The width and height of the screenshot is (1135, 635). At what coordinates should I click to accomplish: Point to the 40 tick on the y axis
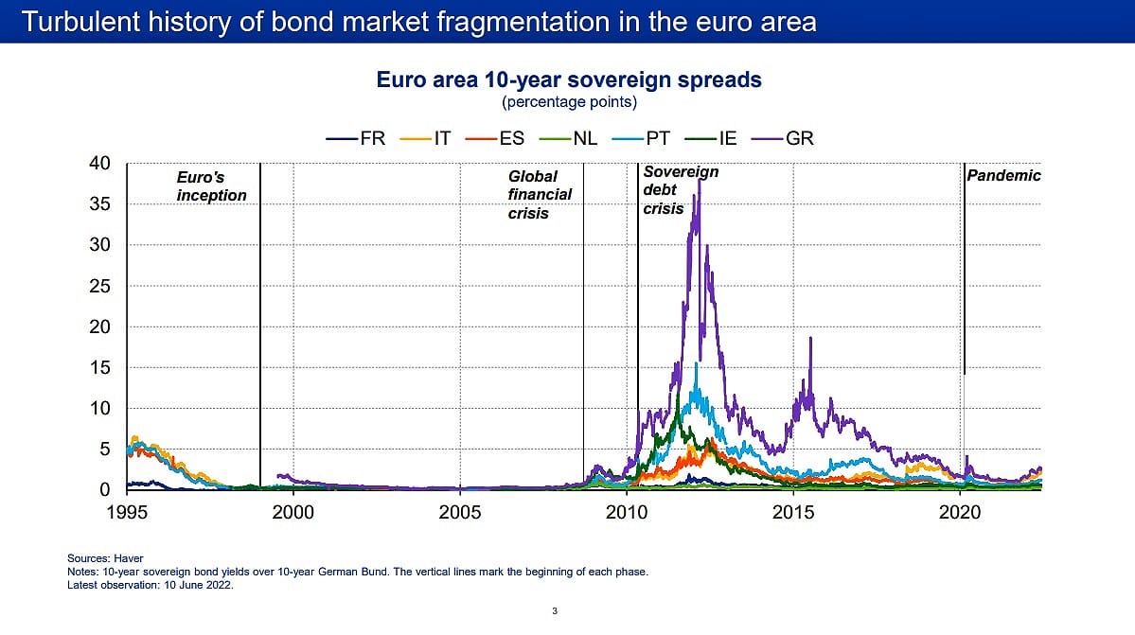point(99,163)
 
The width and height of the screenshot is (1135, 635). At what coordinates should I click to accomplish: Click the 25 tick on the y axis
point(99,286)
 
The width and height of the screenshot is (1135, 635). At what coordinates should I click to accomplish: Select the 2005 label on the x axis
point(460,512)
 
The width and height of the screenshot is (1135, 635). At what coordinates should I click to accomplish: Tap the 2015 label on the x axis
point(793,512)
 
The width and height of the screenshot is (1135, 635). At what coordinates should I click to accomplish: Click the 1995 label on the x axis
point(127,512)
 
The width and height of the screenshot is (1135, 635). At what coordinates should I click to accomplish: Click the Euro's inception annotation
point(211,185)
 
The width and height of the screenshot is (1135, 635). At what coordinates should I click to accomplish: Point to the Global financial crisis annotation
point(540,195)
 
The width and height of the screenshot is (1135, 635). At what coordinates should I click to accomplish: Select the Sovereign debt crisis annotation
point(680,190)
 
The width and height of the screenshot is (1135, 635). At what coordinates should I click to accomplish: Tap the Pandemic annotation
point(1003,175)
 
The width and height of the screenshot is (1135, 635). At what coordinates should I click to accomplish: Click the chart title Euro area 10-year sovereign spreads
point(569,79)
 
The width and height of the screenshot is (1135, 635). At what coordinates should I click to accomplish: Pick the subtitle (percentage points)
point(569,101)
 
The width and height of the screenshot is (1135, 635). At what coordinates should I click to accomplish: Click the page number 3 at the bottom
point(555,610)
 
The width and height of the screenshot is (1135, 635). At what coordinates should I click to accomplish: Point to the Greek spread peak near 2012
point(699,180)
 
